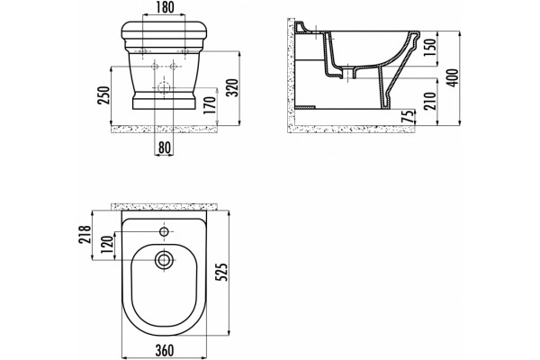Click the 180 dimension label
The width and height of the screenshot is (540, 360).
tap(164, 7)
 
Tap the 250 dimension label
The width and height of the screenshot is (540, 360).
tap(103, 95)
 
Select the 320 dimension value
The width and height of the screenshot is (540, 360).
tap(233, 87)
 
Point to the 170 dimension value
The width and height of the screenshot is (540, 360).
tap(210, 105)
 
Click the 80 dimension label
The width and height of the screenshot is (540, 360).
tap(165, 148)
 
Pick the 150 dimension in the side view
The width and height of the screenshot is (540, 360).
tap(430, 49)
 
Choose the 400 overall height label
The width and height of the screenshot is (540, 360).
tap(454, 78)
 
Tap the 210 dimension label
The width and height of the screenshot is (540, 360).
tap(430, 100)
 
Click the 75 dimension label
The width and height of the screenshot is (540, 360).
tap(408, 116)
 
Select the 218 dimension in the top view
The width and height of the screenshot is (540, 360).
tap(85, 234)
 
